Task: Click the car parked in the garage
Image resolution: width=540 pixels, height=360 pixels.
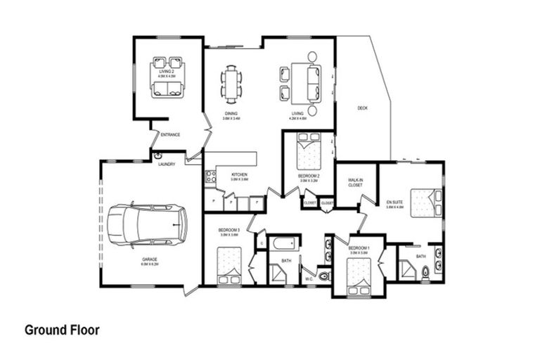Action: click(148, 224)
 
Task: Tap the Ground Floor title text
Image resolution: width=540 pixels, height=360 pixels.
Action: click(62, 329)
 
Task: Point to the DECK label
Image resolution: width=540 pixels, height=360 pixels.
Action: click(362, 108)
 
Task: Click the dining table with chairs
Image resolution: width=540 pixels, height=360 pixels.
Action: click(231, 82)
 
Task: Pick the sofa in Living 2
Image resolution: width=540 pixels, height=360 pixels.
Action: click(167, 86)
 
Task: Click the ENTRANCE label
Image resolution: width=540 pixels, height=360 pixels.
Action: click(170, 134)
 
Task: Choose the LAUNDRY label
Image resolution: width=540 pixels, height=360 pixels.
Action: click(167, 165)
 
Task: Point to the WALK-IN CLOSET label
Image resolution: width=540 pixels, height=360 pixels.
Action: click(355, 182)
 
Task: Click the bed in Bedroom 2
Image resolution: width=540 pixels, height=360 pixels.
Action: click(308, 151)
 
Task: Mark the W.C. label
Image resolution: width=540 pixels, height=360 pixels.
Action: click(309, 279)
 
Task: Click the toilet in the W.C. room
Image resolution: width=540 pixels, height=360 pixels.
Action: click(323, 276)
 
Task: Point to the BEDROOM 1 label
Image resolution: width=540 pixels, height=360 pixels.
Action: click(359, 248)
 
